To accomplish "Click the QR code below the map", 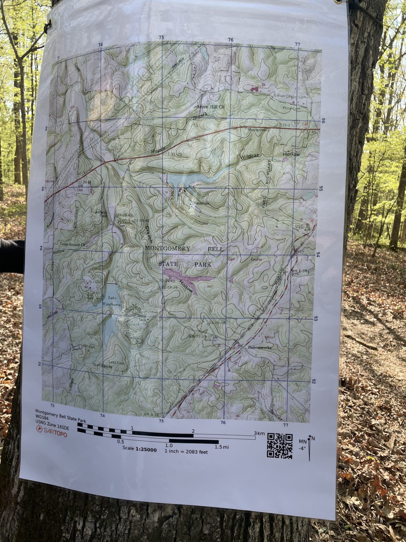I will pos(280,446).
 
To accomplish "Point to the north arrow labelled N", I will pos(310,447).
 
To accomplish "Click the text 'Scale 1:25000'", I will pos(140,449).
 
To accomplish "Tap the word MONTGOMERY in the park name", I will pos(168,249).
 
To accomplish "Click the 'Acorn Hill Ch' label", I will pos(210,107).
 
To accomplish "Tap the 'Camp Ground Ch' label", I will pos(73,245).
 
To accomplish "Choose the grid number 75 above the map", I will pos(161,38).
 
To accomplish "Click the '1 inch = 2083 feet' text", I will pos(186,452).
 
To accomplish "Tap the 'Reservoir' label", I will pos(201,203).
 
